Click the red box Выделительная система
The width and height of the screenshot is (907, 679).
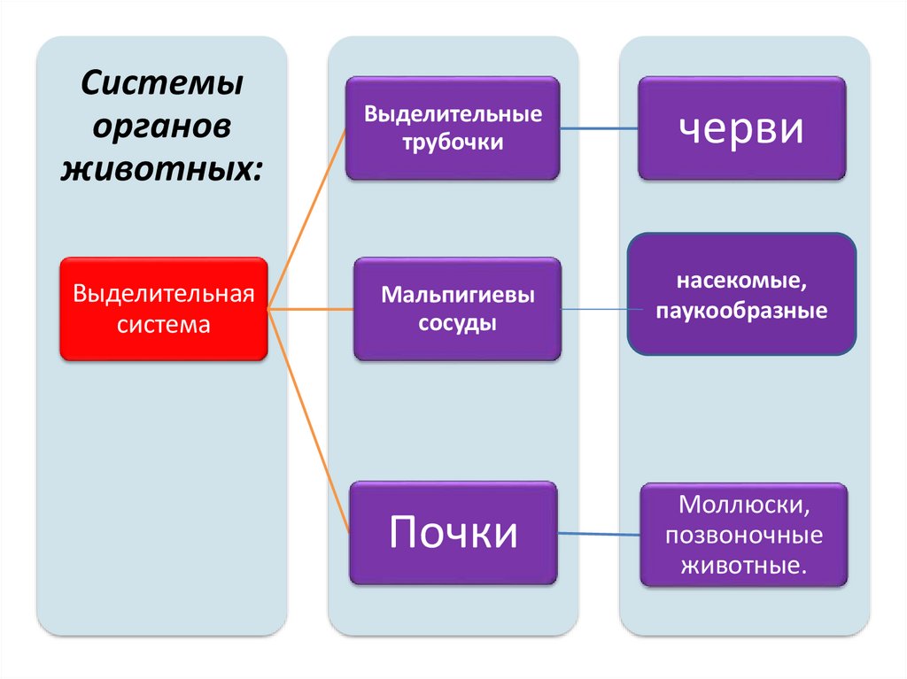(164, 308)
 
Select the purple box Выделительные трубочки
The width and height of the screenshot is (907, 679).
(453, 129)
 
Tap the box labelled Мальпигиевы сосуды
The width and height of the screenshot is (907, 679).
(457, 308)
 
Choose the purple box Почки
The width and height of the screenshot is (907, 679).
(453, 533)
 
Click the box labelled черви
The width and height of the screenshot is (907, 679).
(742, 128)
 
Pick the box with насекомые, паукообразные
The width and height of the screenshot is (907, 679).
(742, 294)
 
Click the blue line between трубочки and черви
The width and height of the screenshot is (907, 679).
(599, 129)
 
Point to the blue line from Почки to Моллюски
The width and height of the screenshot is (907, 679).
(599, 534)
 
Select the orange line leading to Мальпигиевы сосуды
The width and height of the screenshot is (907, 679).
(310, 309)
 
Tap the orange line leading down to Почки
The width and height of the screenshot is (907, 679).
(309, 421)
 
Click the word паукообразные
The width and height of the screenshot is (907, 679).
(742, 311)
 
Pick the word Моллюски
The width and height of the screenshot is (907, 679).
(742, 506)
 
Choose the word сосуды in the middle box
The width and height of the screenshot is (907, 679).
(457, 324)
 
